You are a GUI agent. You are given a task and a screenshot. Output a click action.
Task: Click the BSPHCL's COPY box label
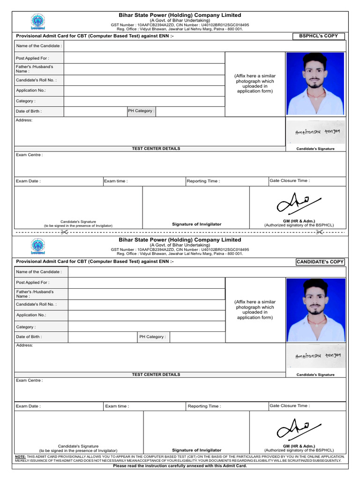pos(318,36)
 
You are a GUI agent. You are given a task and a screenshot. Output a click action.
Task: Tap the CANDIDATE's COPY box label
pos(321,262)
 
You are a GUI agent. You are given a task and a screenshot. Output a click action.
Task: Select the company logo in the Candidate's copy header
pos(37,247)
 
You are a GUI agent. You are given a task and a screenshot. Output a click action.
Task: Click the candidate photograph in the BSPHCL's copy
pos(315,83)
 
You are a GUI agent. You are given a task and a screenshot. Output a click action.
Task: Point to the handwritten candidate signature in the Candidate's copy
pos(318,356)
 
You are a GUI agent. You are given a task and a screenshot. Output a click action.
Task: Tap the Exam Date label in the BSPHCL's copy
pos(28,181)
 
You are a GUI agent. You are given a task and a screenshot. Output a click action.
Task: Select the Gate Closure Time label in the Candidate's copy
pos(289,405)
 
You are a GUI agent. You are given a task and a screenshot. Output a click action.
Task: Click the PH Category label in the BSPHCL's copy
pos(141,111)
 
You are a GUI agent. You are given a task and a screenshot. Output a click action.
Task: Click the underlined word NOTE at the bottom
pos(20,457)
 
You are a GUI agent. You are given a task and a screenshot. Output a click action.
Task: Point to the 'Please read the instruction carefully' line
pos(180,466)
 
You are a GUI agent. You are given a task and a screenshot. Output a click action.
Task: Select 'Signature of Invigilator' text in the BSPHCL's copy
pos(196,224)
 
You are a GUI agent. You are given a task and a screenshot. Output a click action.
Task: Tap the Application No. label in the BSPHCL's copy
pos(31,90)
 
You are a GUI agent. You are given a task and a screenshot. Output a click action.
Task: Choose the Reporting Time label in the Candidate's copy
pos(204,406)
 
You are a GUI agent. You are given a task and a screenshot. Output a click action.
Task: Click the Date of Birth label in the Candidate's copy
pos(29,337)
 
